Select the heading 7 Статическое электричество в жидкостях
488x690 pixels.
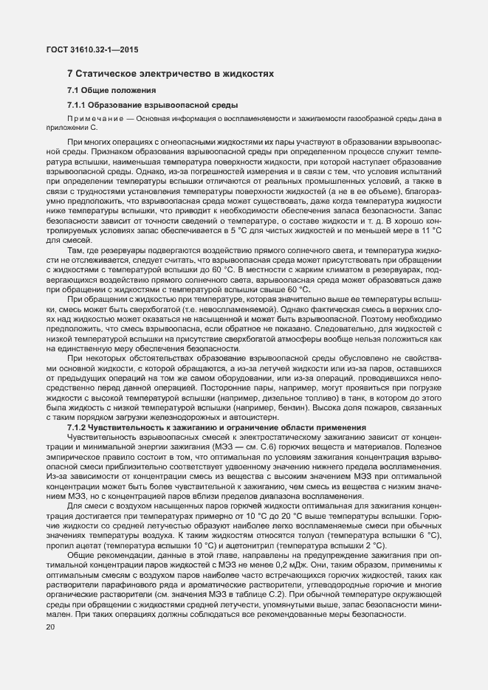[171, 75]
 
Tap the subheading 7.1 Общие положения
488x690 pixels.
[111, 91]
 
